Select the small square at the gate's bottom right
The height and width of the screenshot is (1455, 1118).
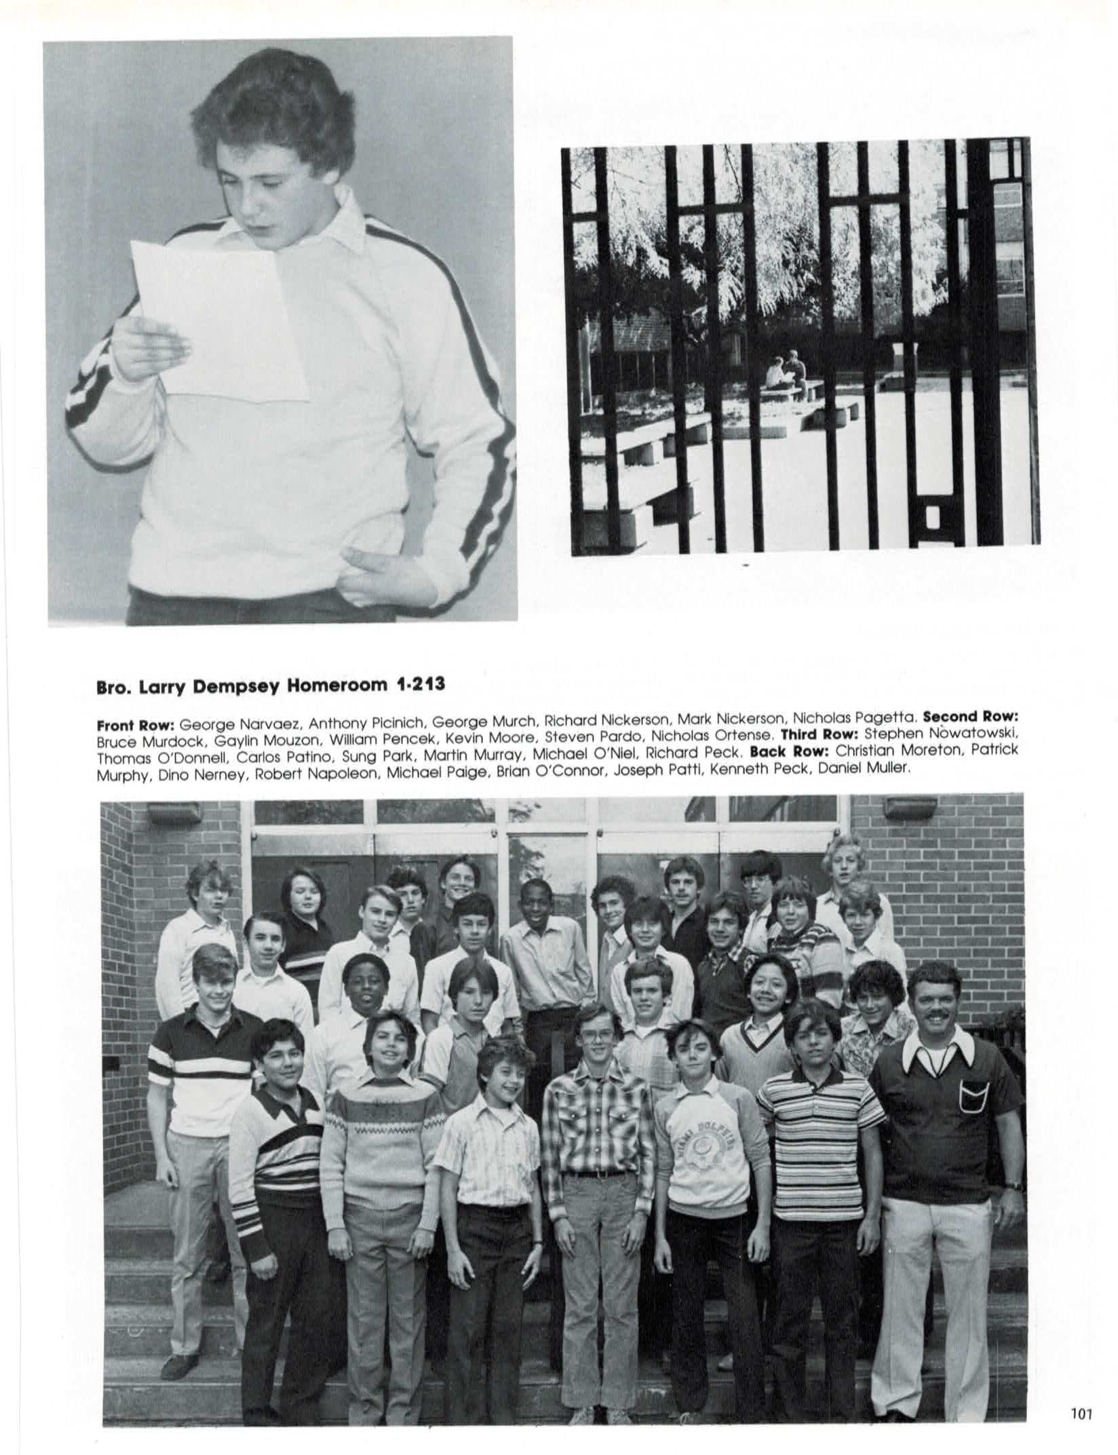(x=930, y=518)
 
